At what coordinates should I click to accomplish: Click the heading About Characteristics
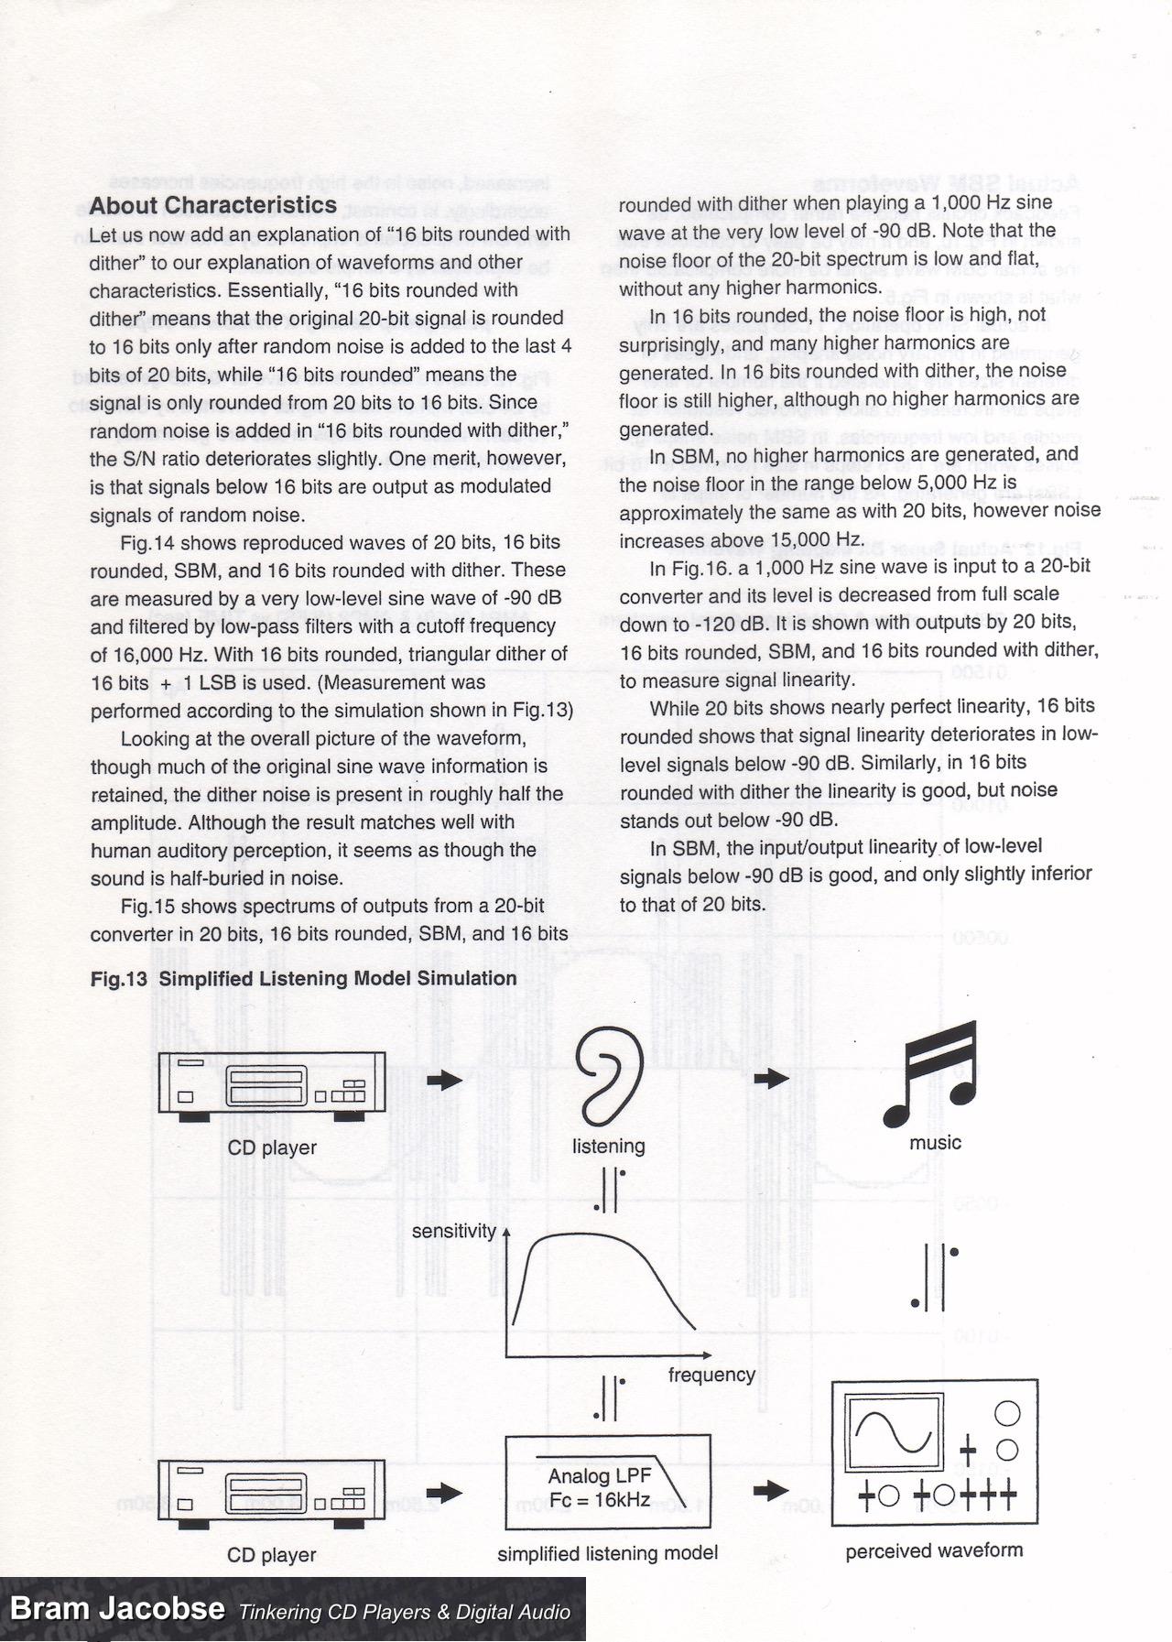[x=213, y=205]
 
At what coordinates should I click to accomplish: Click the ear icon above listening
[x=608, y=1077]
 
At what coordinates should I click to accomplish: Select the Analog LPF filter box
[x=608, y=1481]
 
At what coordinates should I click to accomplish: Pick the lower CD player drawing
[x=271, y=1490]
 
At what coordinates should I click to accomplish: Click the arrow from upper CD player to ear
[x=445, y=1080]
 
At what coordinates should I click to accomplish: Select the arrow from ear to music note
[x=771, y=1078]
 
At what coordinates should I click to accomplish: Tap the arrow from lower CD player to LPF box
[x=445, y=1492]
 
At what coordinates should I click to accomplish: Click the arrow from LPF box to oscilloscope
[x=771, y=1490]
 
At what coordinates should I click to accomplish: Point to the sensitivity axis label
[x=453, y=1232]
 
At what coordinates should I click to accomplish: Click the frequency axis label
[x=711, y=1375]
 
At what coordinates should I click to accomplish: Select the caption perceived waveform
[x=934, y=1550]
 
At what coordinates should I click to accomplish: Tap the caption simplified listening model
[x=607, y=1553]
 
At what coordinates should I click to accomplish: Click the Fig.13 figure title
[x=303, y=978]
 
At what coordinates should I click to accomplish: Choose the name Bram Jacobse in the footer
[x=116, y=1608]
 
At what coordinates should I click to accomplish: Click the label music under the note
[x=935, y=1142]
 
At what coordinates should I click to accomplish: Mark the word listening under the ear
[x=608, y=1146]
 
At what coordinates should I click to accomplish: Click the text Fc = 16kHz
[x=600, y=1499]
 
